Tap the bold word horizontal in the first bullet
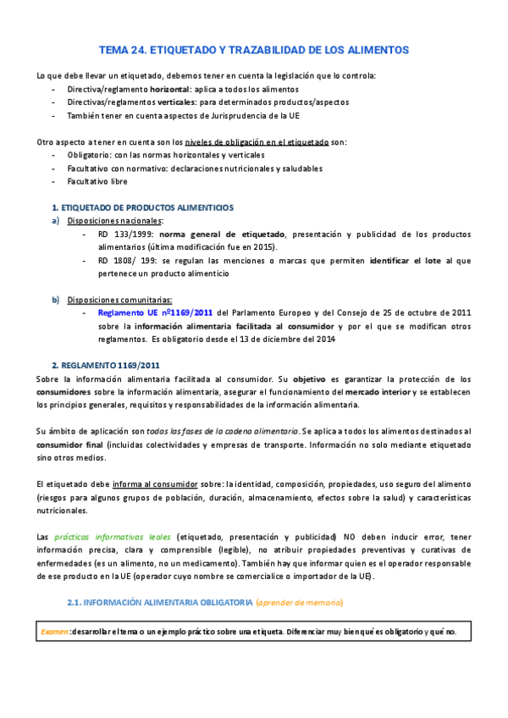pos(169,89)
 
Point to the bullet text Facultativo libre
pos(97,181)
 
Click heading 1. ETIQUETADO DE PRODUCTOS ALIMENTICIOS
pos(143,207)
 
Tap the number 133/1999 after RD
pos(135,234)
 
